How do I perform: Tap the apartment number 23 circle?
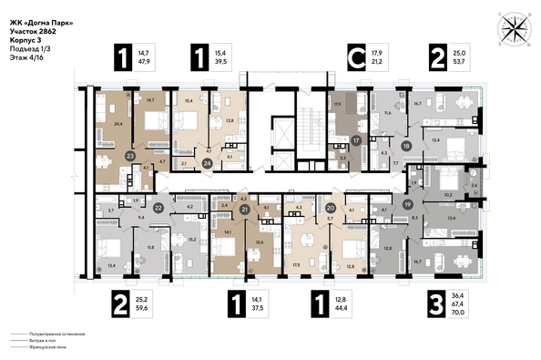[130, 157]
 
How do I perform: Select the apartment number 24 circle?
[207, 164]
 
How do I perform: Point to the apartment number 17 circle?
[357, 141]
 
